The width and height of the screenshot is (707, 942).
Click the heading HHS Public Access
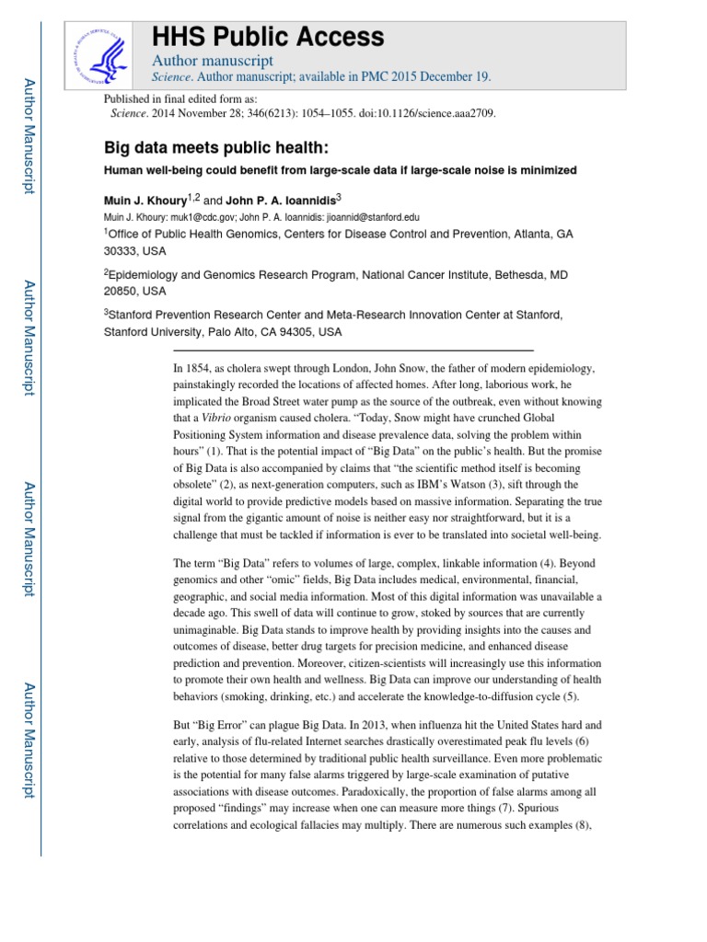point(267,37)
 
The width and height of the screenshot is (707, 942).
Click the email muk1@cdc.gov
point(196,217)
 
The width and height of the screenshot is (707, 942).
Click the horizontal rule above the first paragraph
point(353,350)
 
